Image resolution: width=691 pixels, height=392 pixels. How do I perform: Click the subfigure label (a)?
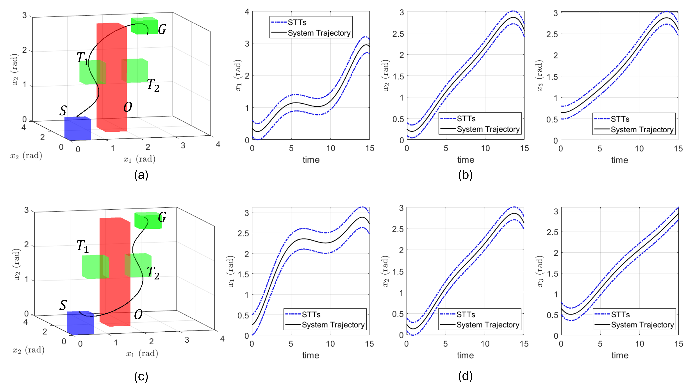click(141, 175)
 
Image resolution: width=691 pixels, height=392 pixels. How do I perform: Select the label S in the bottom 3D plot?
click(63, 305)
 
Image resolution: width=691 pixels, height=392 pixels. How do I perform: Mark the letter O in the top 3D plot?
click(128, 107)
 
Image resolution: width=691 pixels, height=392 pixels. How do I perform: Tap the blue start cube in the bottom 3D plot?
click(80, 323)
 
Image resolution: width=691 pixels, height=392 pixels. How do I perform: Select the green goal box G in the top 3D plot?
click(144, 26)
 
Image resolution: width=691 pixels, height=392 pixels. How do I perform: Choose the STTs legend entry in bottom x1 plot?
click(311, 314)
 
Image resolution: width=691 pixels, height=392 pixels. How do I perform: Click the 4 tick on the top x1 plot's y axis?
click(247, 12)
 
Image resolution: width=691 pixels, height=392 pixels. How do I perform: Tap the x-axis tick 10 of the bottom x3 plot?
click(639, 344)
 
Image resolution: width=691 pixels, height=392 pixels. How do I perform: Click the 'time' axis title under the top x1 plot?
click(311, 160)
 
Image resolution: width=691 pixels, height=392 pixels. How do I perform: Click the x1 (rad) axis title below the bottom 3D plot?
click(142, 353)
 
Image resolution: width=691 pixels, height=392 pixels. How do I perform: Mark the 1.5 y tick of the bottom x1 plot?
click(243, 274)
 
